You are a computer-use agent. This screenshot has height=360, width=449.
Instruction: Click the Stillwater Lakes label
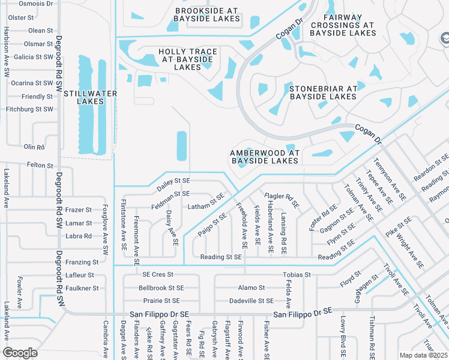coord(90,97)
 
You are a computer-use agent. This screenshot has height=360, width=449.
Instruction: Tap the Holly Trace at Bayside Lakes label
coord(187,59)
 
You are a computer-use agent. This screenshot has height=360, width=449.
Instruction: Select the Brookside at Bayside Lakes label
coord(207,14)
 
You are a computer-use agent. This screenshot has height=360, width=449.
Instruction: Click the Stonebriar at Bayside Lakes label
coord(323,92)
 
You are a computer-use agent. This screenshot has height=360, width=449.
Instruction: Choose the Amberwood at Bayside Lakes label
coord(265,157)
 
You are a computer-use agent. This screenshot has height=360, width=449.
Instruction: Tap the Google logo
coord(20,352)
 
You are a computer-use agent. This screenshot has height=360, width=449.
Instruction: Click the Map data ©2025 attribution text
coord(423,355)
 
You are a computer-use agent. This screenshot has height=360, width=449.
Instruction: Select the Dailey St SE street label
coord(173,180)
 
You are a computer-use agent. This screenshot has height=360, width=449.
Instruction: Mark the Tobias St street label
coord(297,275)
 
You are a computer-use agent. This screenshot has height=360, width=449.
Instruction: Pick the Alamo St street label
coord(251,288)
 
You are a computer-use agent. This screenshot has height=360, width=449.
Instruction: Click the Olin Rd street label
coord(34,146)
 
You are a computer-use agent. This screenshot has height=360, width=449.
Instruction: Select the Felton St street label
coord(41,165)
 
